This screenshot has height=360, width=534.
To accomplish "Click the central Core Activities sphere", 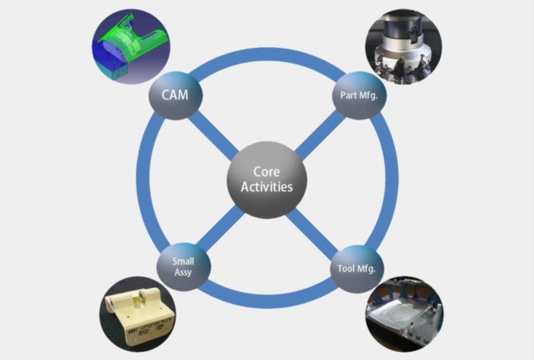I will [267, 179].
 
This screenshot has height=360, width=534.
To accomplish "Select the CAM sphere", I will [174, 96].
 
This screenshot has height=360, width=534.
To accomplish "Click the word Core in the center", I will [268, 171].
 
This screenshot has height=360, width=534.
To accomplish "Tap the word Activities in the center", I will [268, 187].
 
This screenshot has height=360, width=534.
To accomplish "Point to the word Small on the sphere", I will [184, 262].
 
